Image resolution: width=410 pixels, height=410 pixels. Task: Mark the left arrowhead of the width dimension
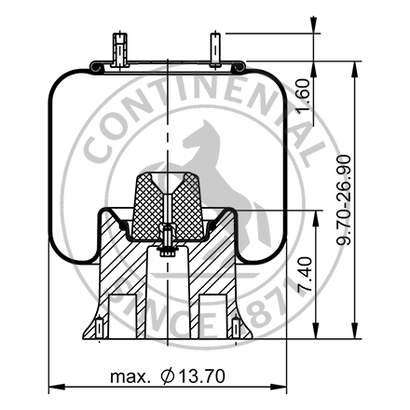(x=52, y=387)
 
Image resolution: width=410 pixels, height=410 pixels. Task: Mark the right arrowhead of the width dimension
(x=281, y=387)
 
